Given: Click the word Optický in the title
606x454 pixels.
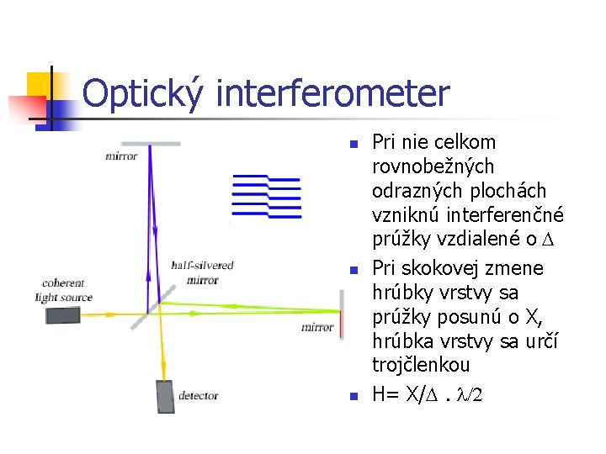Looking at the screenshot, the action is [143, 94].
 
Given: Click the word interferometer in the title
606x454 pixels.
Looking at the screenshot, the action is [332, 94].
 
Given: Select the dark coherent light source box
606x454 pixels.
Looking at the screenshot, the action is [63, 315].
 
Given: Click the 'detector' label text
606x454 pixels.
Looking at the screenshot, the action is [199, 395].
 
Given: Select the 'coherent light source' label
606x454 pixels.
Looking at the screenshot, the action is [63, 290].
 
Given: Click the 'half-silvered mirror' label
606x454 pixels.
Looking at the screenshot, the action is [202, 272].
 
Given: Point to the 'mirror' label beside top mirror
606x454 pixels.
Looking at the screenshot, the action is [121, 156].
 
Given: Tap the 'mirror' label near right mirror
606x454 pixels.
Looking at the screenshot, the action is [317, 327].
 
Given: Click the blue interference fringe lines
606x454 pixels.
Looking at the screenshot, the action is [266, 194].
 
